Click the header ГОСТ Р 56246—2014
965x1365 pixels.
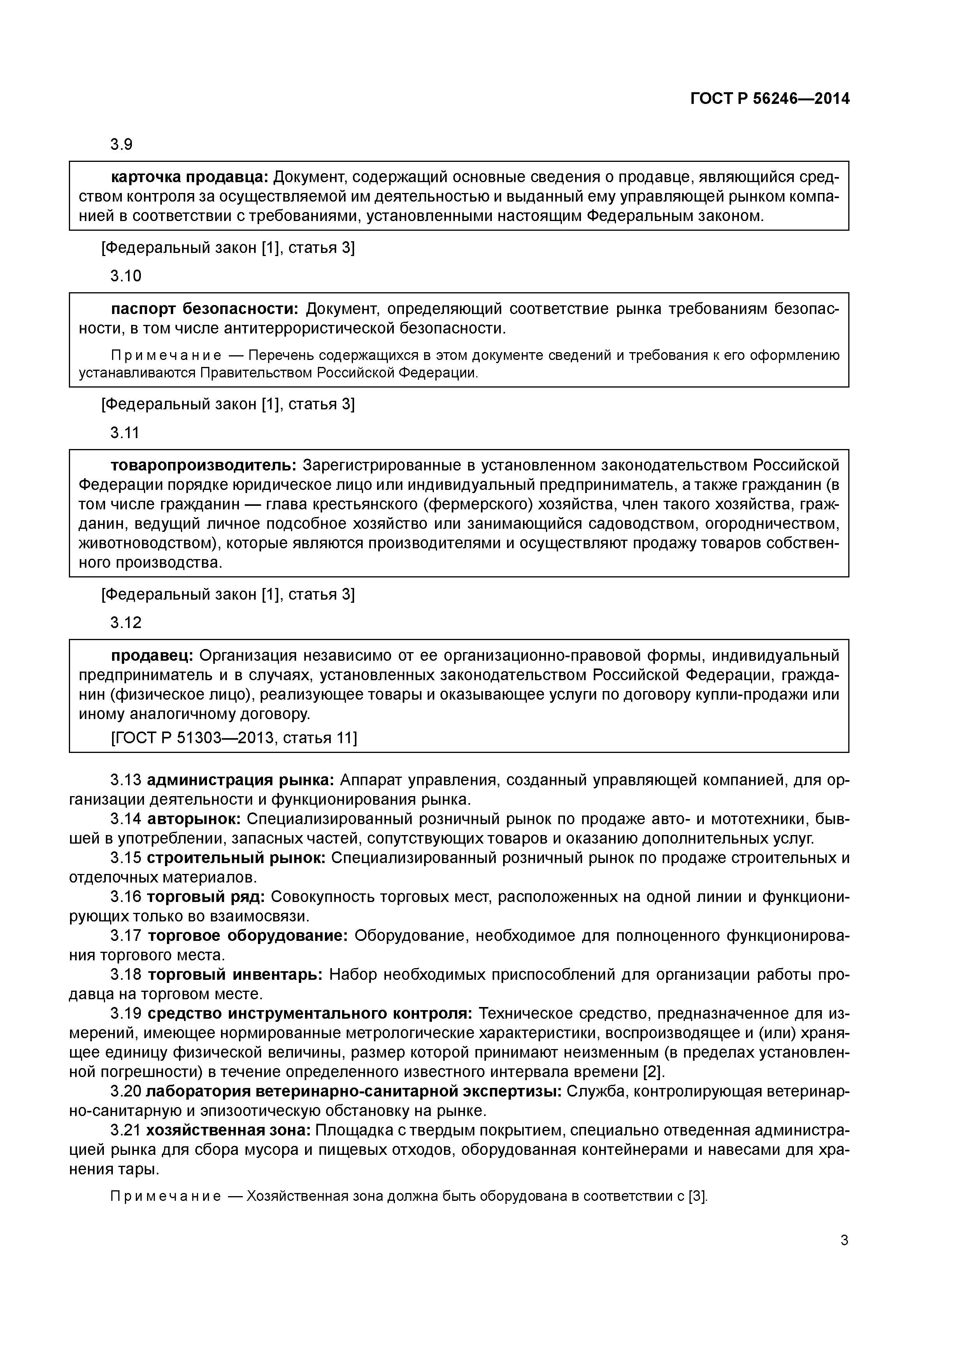770,99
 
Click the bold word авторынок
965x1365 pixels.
193,819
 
